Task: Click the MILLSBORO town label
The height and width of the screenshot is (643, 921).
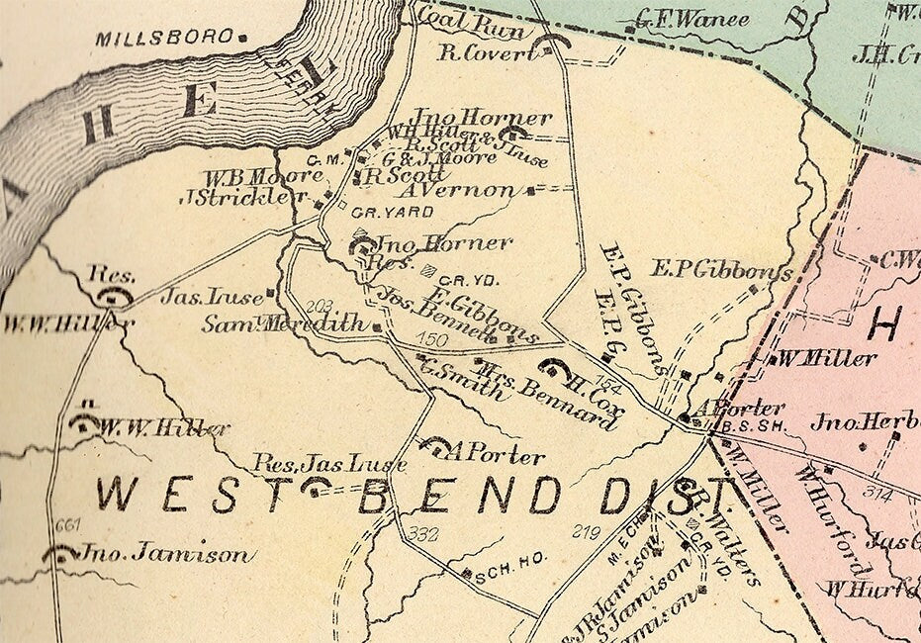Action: click(x=165, y=39)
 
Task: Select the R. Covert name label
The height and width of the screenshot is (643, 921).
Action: click(x=487, y=52)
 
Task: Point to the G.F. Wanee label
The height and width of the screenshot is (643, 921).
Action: click(x=683, y=18)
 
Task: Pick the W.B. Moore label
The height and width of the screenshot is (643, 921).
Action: click(x=263, y=176)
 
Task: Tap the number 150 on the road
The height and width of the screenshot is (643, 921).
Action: click(x=432, y=340)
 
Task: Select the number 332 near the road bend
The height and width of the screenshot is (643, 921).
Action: click(x=422, y=535)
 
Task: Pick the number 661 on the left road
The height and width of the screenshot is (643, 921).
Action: click(x=67, y=524)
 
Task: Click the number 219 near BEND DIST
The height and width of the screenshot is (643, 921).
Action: click(x=586, y=533)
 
